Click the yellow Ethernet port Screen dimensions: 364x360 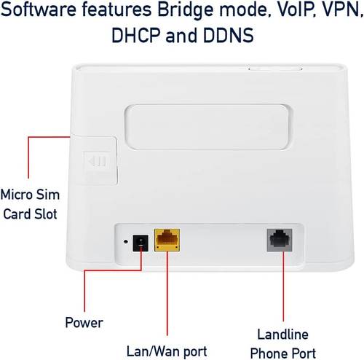coord(167,240)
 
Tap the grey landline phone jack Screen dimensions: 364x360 coord(280,240)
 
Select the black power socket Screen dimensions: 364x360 coord(141,243)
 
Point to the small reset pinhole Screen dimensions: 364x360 coord(125,242)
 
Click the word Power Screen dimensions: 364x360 coord(84,323)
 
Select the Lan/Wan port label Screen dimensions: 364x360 coord(167,351)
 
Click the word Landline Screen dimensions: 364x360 coord(283,334)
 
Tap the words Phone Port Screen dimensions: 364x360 coord(283,353)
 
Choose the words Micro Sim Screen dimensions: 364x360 coord(30,195)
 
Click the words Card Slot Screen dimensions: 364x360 coord(30,214)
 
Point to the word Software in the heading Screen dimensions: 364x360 coord(39,9)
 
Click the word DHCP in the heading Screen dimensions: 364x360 coord(136,36)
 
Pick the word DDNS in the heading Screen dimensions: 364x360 coord(229,36)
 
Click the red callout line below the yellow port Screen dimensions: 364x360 coord(167,294)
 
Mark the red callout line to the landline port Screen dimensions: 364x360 coord(283,286)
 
